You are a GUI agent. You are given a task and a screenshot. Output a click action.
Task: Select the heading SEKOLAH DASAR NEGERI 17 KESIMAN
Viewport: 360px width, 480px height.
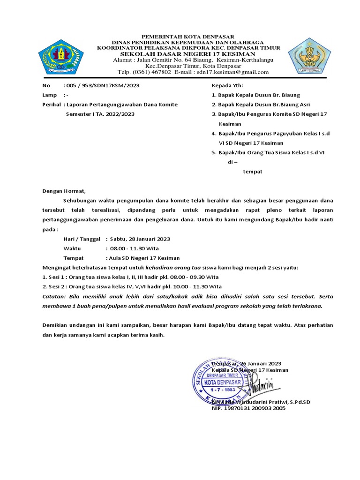[x=189, y=54]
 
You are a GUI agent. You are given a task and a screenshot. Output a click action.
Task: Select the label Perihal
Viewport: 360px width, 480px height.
[x=51, y=105]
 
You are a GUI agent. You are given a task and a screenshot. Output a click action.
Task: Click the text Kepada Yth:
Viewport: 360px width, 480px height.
[x=227, y=86]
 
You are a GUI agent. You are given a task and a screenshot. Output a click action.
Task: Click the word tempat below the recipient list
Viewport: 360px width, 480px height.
[x=252, y=172]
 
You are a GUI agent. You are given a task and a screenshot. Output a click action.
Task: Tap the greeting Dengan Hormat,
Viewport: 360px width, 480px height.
[x=64, y=191]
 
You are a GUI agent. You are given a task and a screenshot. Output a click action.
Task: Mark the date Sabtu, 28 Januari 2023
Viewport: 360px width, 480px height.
[x=140, y=239]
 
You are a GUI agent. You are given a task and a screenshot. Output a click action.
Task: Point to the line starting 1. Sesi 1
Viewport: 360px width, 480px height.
[x=132, y=277]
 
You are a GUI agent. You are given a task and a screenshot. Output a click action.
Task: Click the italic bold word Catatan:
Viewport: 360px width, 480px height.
[x=54, y=296]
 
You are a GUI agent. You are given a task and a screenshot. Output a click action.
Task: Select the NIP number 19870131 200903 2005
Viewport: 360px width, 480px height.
[x=248, y=408]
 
